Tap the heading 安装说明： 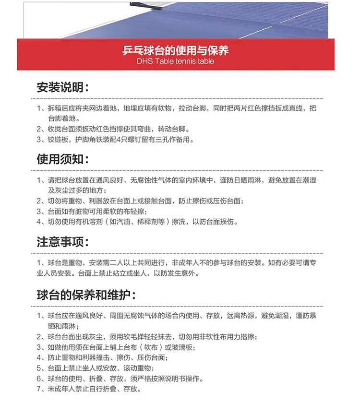tap(62, 87)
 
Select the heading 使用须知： tap(62, 159)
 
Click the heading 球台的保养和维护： tap(86, 294)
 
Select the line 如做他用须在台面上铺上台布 tap(120, 347)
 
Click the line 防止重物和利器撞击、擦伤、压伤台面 tap(108, 358)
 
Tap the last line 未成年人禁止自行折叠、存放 tap(94, 389)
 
